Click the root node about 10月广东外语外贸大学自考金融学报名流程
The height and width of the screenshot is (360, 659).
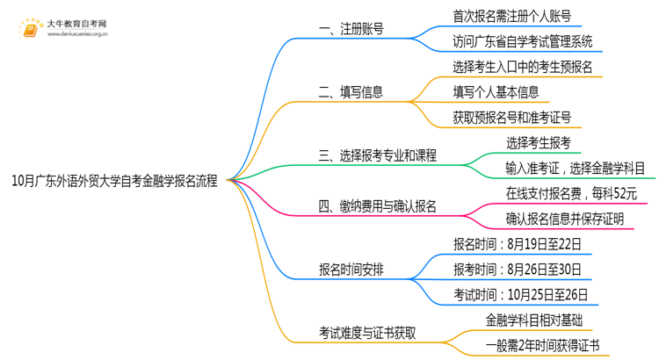coord(115,181)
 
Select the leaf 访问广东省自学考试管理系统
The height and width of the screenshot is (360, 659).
coord(523,40)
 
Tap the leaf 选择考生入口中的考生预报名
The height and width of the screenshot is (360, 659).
coord(523,66)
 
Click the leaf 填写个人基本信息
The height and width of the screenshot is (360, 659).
coord(496,91)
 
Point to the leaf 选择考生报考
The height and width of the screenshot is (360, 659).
coord(539,142)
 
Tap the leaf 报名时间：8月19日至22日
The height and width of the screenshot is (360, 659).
coord(515,243)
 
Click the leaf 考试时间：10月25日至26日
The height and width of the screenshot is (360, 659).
coord(520,294)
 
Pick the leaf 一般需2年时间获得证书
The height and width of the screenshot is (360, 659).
coord(542,345)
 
